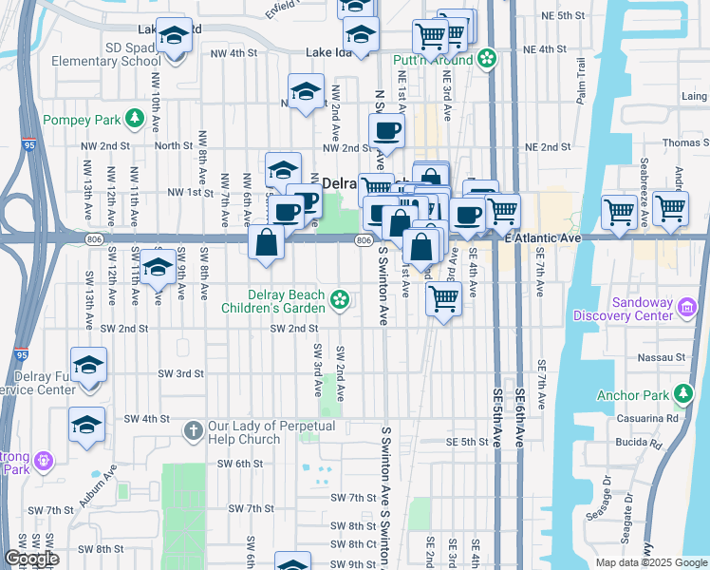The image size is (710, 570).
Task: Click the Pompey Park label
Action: [x=84, y=122]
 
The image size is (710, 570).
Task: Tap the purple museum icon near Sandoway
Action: [x=687, y=307]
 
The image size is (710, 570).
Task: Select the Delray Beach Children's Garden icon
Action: [x=339, y=302]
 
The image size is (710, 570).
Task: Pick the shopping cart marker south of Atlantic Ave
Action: [x=443, y=298]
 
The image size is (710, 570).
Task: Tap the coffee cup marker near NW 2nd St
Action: [x=386, y=130]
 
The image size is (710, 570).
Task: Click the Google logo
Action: [x=31, y=560]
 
